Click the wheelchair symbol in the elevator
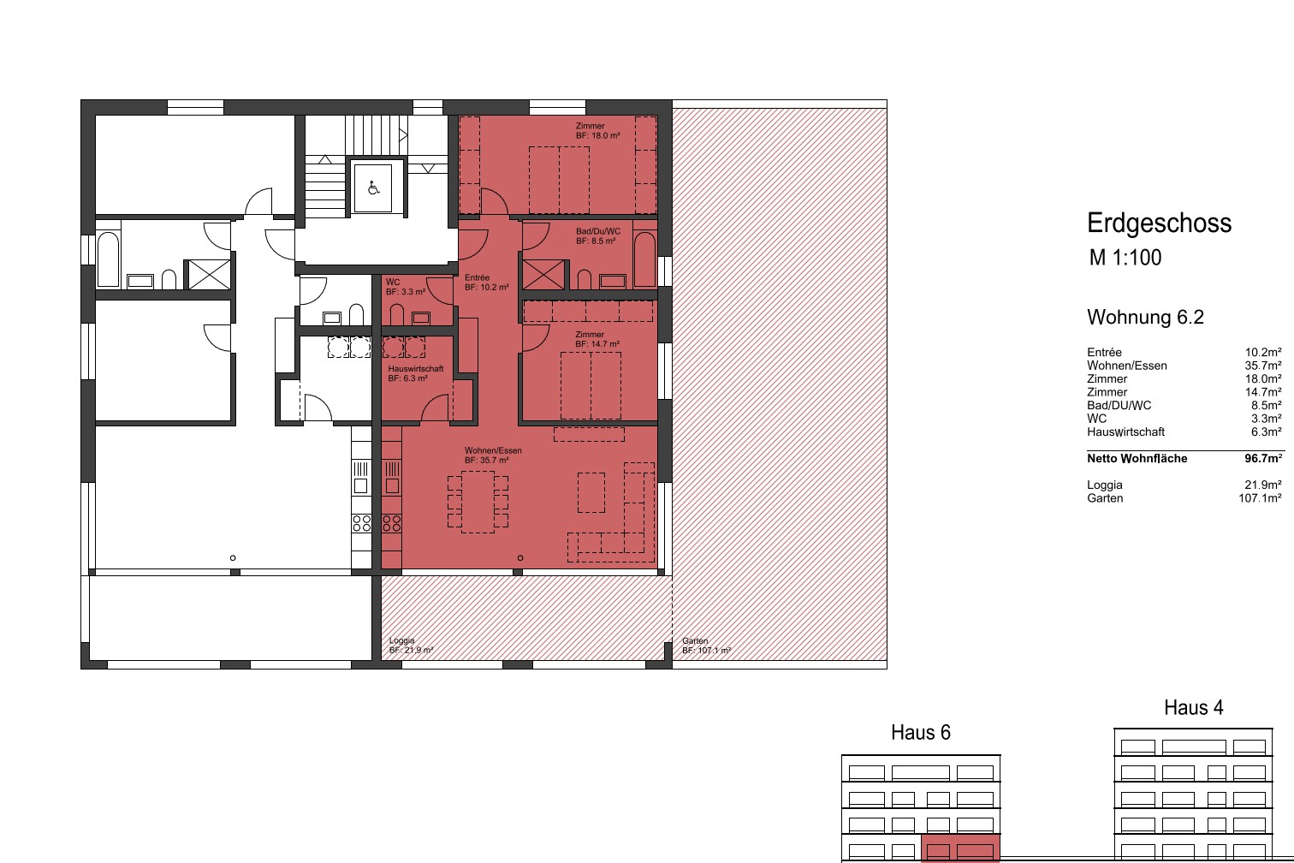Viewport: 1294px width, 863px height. pyautogui.click(x=373, y=187)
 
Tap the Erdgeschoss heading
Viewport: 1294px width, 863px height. pyautogui.click(x=1159, y=223)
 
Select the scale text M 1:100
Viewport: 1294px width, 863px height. pyautogui.click(x=1125, y=258)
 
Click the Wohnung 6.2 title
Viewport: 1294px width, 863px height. pyautogui.click(x=1146, y=318)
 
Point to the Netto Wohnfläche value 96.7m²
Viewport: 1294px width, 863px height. pyautogui.click(x=1263, y=458)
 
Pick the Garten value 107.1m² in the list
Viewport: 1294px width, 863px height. pyautogui.click(x=1260, y=498)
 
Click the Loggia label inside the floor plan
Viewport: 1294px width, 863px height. pyautogui.click(x=402, y=640)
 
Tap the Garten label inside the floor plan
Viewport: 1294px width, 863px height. pyautogui.click(x=695, y=640)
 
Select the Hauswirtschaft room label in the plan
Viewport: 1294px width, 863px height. pyautogui.click(x=416, y=369)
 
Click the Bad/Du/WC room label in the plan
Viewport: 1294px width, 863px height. pyautogui.click(x=598, y=231)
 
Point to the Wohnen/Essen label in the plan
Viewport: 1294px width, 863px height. pyautogui.click(x=493, y=450)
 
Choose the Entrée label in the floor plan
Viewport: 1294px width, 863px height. pyautogui.click(x=478, y=277)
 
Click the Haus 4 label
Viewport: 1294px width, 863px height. pyautogui.click(x=1194, y=707)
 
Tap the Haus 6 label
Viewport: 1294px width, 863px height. pyautogui.click(x=921, y=732)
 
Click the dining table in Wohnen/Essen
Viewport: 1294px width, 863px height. pyautogui.click(x=478, y=502)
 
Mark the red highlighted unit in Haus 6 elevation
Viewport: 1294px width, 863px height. pyautogui.click(x=960, y=848)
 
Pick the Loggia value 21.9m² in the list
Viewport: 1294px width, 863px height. pyautogui.click(x=1263, y=485)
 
